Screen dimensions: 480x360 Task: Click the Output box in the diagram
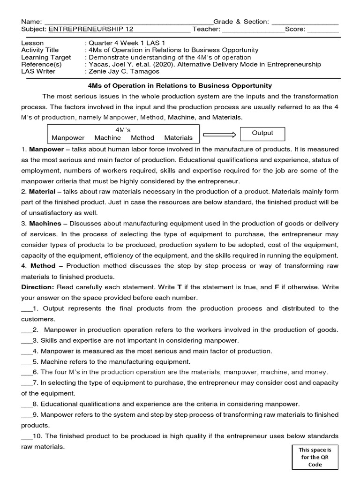(262, 133)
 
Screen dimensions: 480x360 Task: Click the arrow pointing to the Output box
(219, 135)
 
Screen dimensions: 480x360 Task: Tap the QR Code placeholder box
(315, 457)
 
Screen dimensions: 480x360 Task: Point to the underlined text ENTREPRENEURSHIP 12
(91, 29)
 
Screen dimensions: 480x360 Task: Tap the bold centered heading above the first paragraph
(180, 86)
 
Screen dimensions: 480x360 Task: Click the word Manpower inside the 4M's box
(68, 138)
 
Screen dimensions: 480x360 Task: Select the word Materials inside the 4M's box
(178, 138)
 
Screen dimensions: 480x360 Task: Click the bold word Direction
(38, 287)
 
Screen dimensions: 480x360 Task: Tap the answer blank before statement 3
(26, 341)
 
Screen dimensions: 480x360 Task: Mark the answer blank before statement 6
(26, 372)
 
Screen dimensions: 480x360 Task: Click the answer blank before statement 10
(26, 436)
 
